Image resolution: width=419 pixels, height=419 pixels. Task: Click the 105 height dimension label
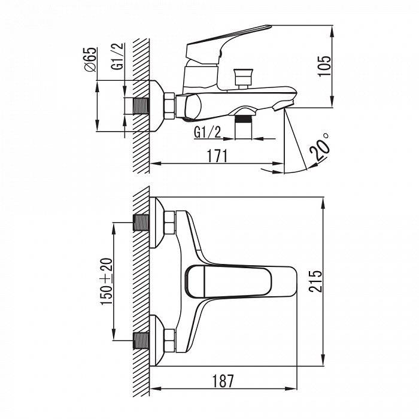pos(324,66)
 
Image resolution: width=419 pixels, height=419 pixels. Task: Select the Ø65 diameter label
pos(90,59)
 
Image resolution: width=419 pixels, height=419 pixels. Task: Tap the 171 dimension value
pos(217,156)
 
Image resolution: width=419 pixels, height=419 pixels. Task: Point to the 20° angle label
pos(320,147)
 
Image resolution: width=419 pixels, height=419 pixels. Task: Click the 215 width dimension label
pos(315,281)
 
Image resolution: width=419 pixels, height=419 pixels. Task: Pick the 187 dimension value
pos(223,381)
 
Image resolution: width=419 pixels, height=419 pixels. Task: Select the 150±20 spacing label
pos(106,281)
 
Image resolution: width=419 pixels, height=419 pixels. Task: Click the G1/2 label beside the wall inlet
pos(118,56)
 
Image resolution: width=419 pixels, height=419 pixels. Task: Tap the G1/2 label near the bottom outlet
pos(208,132)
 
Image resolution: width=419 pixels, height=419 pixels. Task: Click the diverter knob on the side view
pos(243,77)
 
